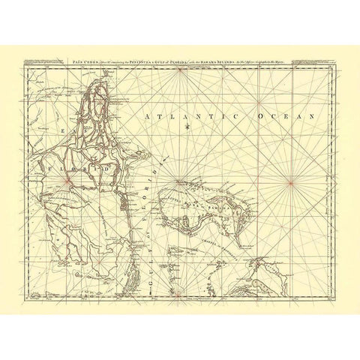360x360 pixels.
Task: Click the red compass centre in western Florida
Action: click(66, 179)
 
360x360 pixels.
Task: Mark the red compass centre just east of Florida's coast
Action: click(176, 181)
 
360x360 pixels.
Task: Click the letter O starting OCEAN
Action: click(259, 117)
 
